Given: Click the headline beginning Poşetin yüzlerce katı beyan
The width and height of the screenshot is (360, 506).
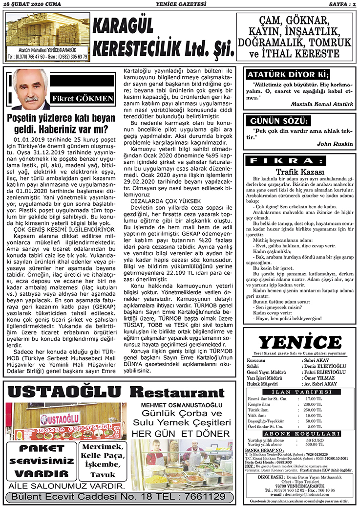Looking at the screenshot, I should coord(61,124).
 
